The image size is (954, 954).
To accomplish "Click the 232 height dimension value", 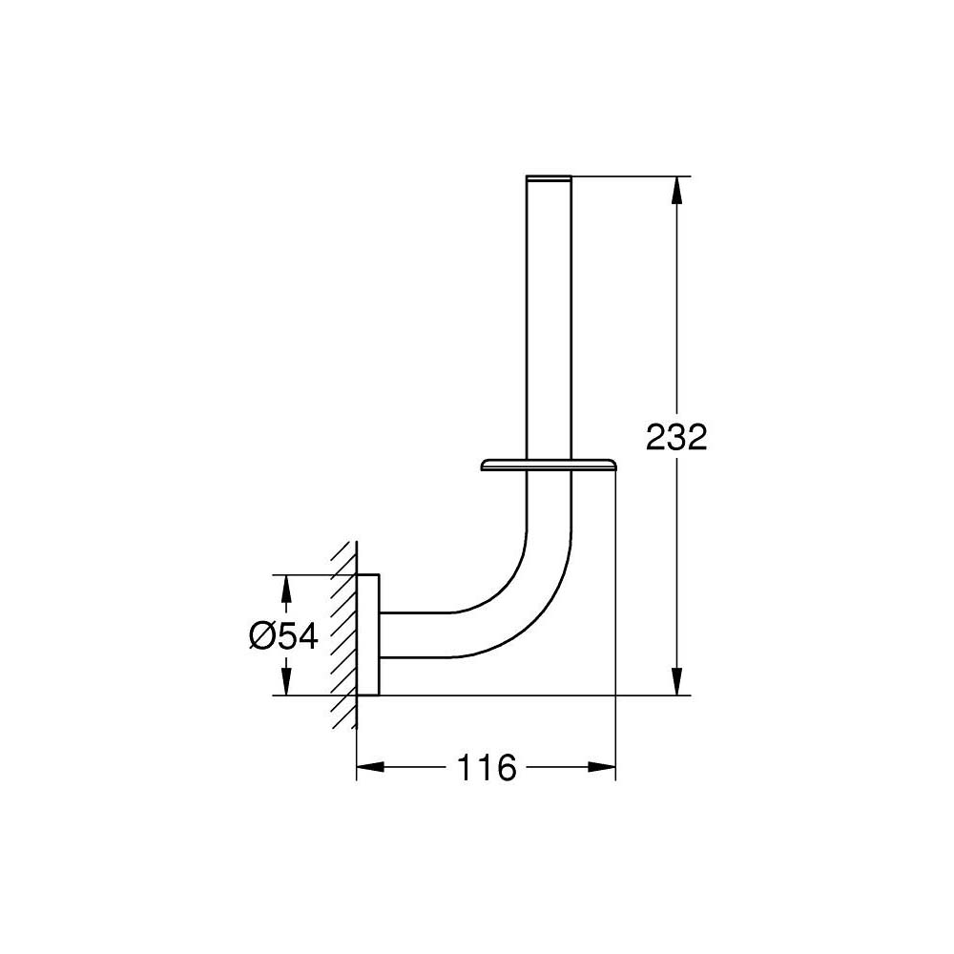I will tap(676, 438).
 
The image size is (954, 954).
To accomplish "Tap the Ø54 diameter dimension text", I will tap(283, 635).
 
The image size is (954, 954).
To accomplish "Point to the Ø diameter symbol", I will tap(263, 635).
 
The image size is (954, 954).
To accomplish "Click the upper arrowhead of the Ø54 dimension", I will tap(285, 588).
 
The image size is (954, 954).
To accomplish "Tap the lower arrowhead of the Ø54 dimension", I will tap(285, 682).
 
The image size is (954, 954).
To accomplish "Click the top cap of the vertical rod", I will tap(549, 177).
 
